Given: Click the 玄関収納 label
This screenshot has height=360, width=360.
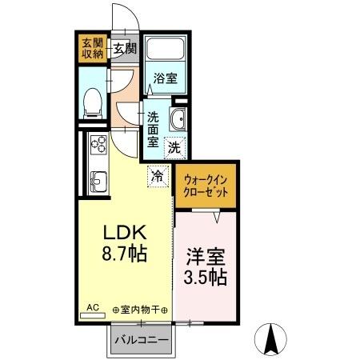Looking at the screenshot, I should (x=92, y=48).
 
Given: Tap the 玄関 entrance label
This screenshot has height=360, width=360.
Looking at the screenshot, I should (x=124, y=48).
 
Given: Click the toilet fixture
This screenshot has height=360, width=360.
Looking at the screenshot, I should (x=93, y=99).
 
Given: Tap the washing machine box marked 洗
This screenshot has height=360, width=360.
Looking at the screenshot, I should (x=174, y=146).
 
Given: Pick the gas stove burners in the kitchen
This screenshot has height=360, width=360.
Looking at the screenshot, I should (x=99, y=146).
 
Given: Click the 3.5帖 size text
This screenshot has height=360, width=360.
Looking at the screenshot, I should (x=206, y=279).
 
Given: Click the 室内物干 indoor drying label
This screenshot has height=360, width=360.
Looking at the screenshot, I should (x=142, y=309).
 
